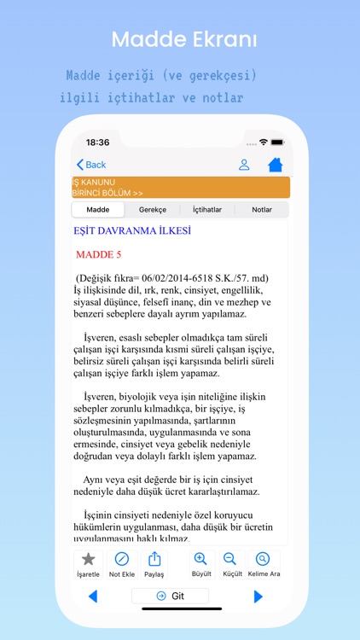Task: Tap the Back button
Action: tap(91, 165)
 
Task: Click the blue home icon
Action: tap(275, 165)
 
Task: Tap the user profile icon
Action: tap(244, 165)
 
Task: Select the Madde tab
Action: tap(98, 209)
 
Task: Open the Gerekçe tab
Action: tap(153, 209)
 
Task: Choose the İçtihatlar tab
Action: tap(207, 209)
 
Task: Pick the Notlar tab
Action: tap(262, 209)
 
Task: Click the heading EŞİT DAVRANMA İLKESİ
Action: tap(131, 230)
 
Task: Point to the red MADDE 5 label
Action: tap(99, 254)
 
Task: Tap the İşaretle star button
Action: tap(88, 564)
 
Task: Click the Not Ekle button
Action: tap(122, 564)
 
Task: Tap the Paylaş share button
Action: tap(154, 564)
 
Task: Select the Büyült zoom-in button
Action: tap(201, 564)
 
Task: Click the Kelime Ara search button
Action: tap(263, 564)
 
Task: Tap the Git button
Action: tap(171, 596)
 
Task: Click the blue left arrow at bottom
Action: tap(92, 596)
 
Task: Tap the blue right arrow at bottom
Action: tap(258, 596)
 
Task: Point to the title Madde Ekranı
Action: tap(184, 40)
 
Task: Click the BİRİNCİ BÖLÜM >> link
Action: tap(107, 193)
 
